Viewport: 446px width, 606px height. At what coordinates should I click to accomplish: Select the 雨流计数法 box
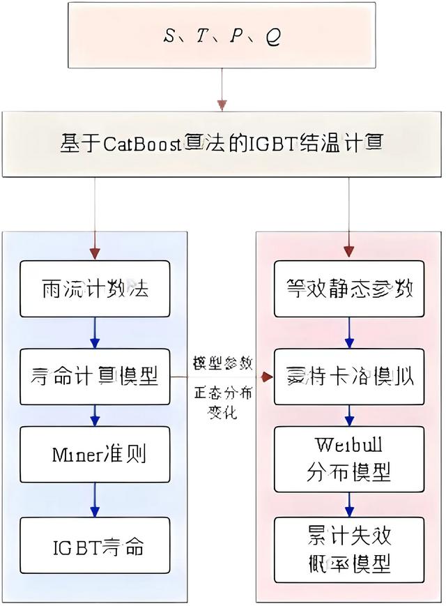(95, 288)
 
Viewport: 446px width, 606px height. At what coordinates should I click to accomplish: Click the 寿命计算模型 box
(95, 377)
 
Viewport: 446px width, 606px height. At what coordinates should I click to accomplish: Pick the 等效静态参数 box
(348, 288)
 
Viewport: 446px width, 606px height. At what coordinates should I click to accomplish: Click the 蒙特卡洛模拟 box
(348, 377)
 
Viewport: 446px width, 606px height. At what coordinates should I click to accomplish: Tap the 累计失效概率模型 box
(348, 549)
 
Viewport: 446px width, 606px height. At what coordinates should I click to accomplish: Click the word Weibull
(348, 444)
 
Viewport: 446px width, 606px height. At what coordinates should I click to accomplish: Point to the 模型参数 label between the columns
(223, 363)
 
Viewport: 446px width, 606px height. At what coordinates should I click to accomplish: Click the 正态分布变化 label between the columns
(223, 402)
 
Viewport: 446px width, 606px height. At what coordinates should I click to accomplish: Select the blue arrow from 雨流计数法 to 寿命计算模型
(95, 333)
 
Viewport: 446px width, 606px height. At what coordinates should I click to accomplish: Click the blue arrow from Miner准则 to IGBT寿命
(95, 499)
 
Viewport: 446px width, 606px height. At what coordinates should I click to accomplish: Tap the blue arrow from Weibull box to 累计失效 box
(348, 502)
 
